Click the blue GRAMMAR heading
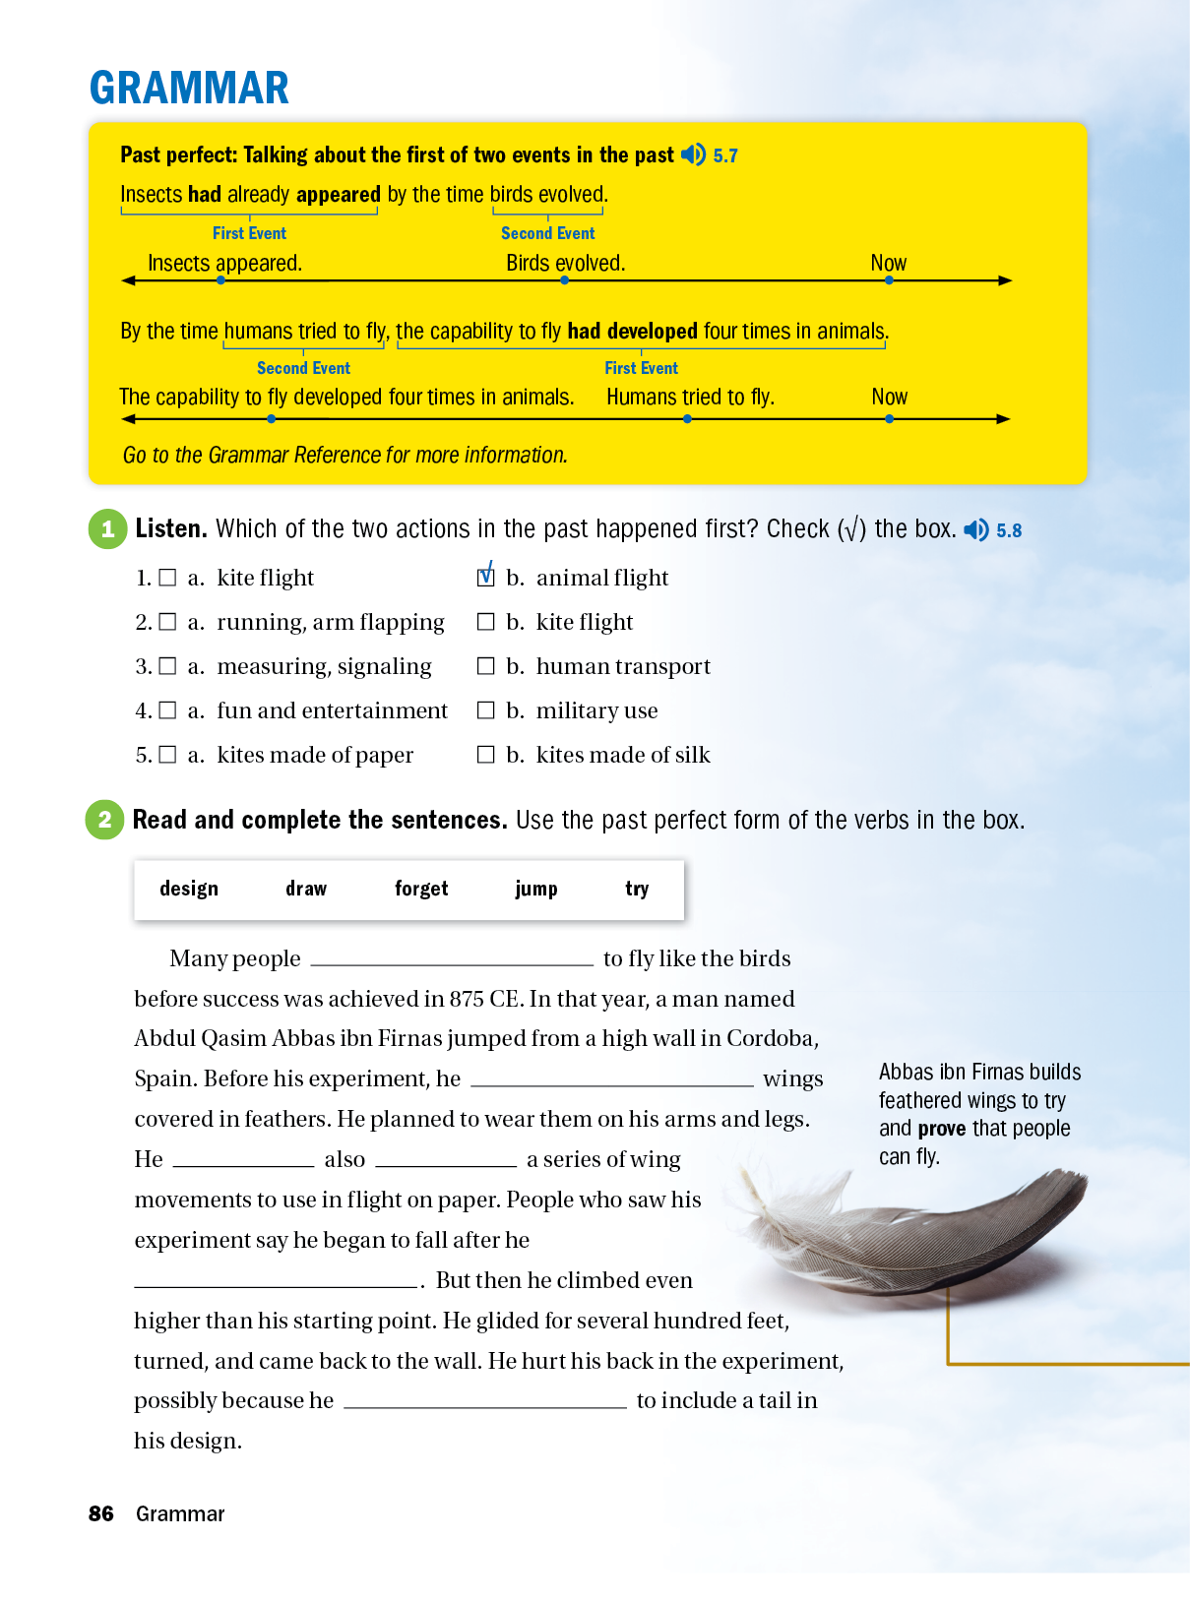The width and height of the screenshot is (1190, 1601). click(x=189, y=88)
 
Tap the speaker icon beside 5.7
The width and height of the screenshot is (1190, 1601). click(x=693, y=154)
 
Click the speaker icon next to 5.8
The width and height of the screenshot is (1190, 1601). click(x=975, y=529)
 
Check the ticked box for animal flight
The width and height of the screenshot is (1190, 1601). click(x=485, y=577)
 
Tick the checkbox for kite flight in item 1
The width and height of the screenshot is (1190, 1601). click(x=167, y=578)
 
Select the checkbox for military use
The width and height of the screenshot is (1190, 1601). click(x=485, y=709)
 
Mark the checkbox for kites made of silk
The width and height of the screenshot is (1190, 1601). click(x=485, y=754)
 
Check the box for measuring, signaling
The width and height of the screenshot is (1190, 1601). click(x=167, y=666)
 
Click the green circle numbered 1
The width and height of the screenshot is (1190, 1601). click(x=108, y=528)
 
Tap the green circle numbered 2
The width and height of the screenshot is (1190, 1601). click(x=105, y=820)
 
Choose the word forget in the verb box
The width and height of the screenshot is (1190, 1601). click(x=421, y=889)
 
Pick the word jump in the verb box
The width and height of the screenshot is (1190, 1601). click(x=535, y=889)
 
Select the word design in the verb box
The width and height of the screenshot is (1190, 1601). click(x=189, y=889)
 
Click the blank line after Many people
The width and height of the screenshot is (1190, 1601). click(x=452, y=959)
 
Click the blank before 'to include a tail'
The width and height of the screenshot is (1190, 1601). click(x=485, y=1401)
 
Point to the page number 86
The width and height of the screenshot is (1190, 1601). click(x=101, y=1513)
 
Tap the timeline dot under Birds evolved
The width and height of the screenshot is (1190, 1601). click(x=564, y=280)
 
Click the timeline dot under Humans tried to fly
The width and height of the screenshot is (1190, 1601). click(x=687, y=419)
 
